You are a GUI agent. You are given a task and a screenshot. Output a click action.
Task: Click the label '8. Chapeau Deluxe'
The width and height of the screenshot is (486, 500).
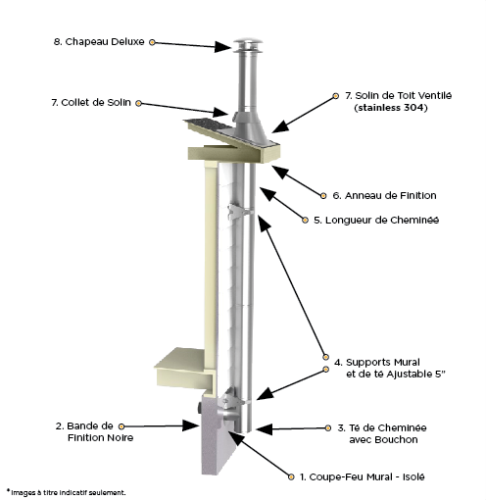click(99, 42)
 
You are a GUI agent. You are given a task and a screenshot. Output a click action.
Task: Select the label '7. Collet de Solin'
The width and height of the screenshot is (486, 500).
click(91, 103)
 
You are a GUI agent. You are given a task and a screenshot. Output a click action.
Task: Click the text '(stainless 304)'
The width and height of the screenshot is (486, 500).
click(391, 108)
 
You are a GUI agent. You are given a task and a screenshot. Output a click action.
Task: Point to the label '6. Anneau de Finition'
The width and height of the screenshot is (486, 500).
click(384, 195)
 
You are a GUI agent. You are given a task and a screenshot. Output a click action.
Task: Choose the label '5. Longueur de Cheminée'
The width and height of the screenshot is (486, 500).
click(376, 220)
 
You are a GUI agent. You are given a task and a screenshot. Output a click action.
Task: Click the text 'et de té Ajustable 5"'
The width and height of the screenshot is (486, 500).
click(396, 375)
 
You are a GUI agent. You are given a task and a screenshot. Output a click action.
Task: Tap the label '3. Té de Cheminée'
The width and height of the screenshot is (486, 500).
click(382, 427)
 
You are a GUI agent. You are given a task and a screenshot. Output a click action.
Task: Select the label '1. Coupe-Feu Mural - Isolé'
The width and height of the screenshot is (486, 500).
click(363, 476)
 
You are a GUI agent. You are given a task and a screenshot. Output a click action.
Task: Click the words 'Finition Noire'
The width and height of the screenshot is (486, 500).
click(101, 438)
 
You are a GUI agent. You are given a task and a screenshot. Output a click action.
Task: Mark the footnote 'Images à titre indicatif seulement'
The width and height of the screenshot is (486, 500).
click(68, 492)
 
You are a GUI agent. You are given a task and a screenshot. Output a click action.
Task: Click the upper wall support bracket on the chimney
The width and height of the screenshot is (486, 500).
click(239, 212)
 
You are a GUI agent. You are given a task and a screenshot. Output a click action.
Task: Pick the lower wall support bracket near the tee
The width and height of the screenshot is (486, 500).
click(233, 399)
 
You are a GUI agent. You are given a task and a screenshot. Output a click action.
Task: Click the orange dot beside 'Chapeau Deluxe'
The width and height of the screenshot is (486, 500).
click(152, 42)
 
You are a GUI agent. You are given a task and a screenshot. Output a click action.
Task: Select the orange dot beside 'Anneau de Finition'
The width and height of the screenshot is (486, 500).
click(323, 196)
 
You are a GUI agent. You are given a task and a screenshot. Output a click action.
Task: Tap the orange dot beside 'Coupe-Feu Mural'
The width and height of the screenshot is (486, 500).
click(291, 477)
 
